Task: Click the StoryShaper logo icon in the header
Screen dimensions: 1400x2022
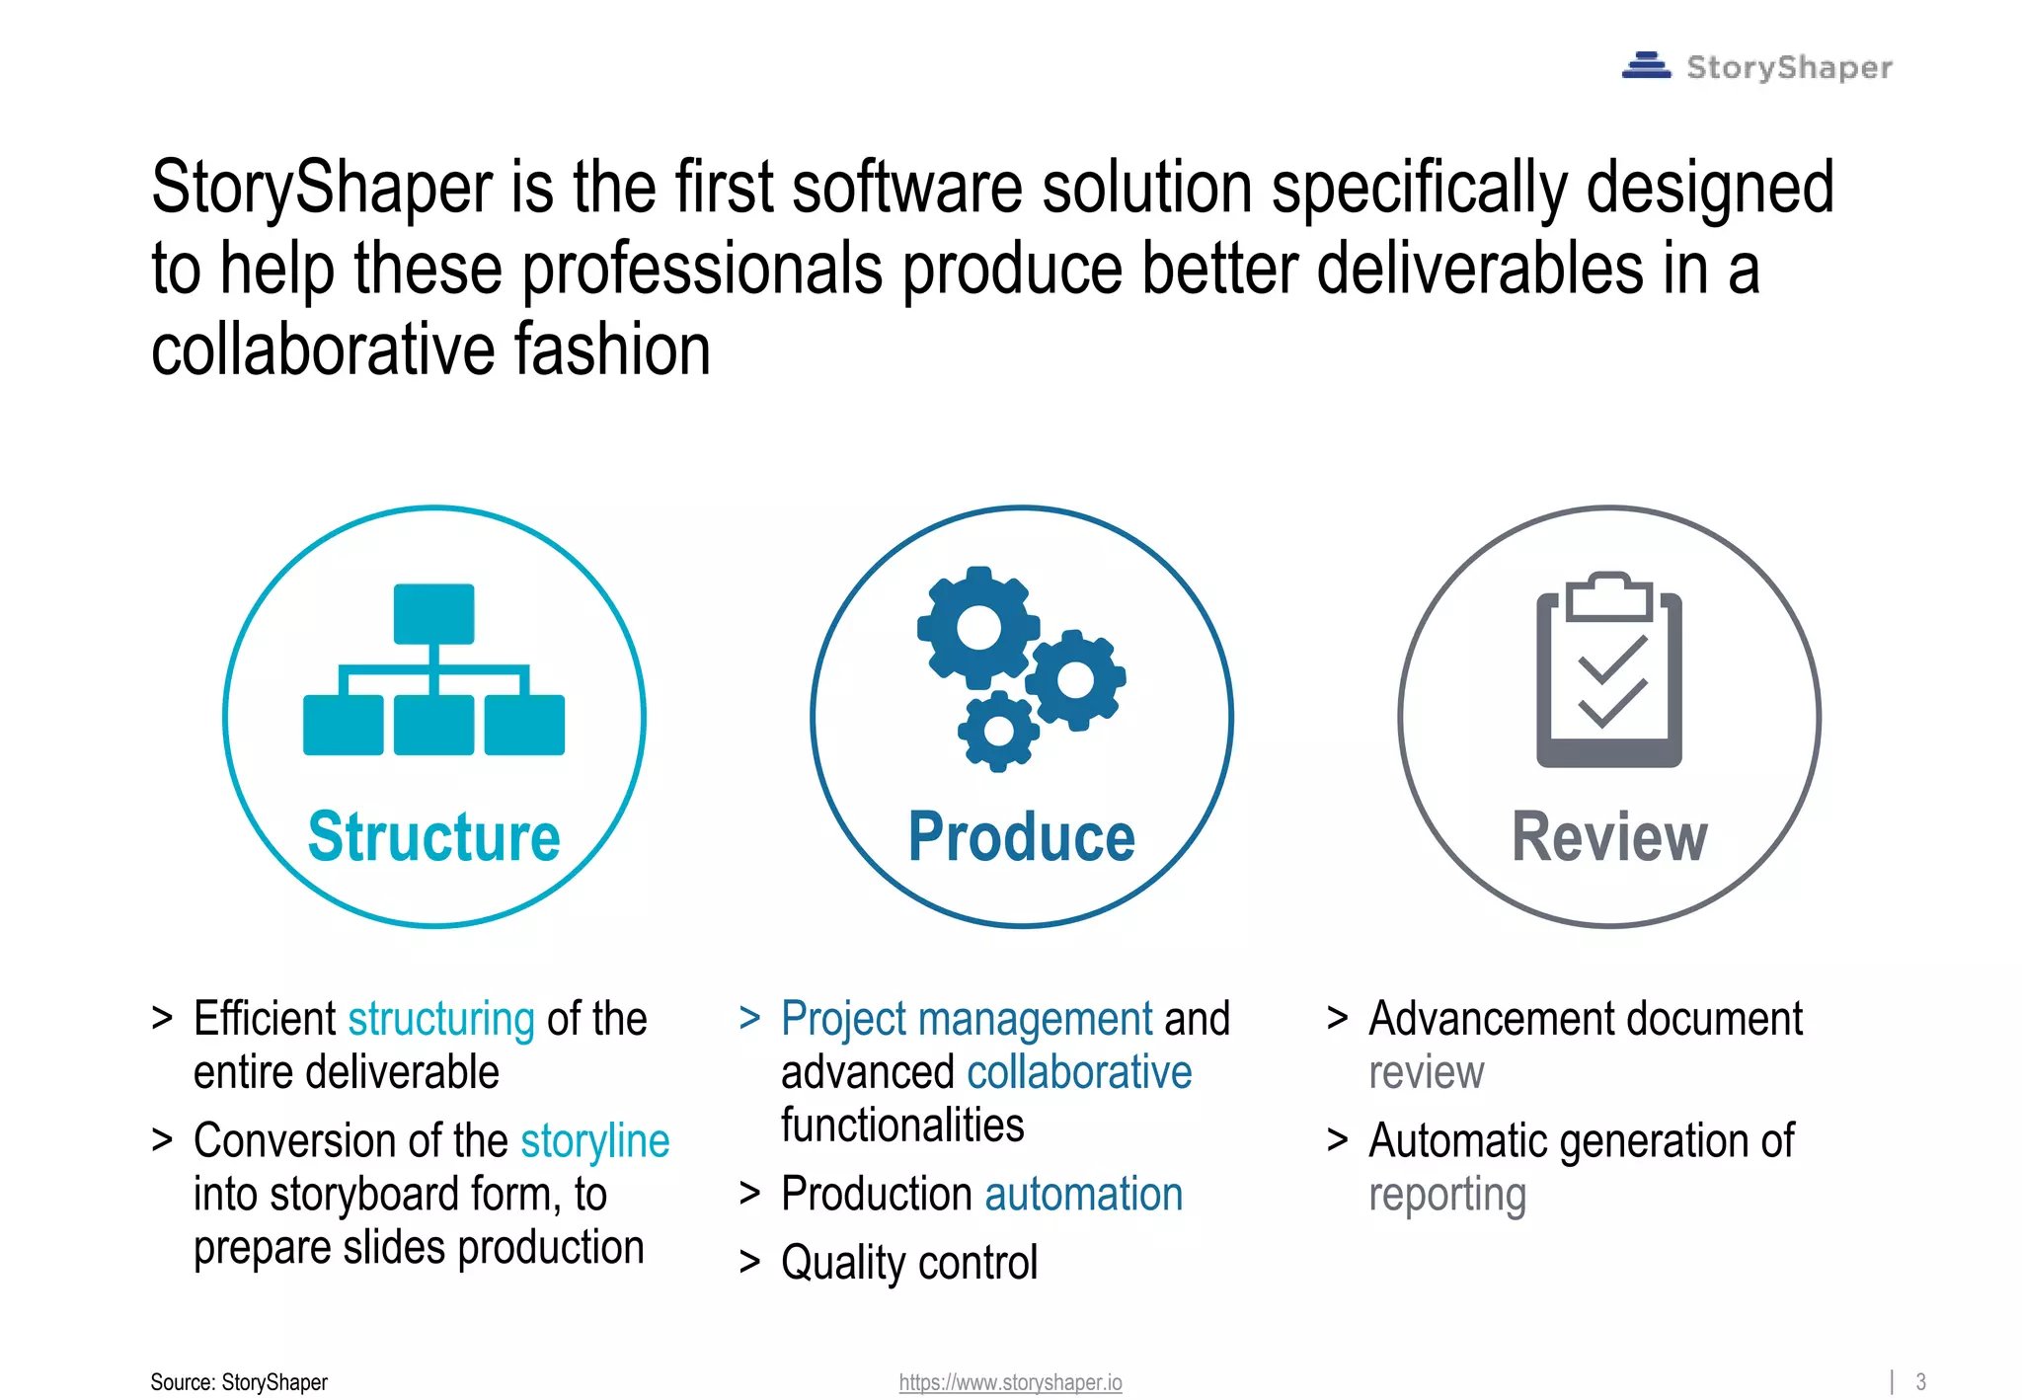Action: [x=1646, y=66]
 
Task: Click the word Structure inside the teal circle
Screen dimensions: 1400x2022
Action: [x=434, y=837]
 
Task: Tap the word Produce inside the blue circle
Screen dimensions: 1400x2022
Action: [x=1022, y=837]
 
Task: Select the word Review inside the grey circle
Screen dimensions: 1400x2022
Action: [x=1609, y=837]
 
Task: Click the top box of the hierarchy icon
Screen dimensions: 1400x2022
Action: [x=433, y=614]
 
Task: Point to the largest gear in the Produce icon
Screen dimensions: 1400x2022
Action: [x=978, y=628]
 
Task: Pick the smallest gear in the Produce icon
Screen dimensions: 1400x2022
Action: [x=998, y=732]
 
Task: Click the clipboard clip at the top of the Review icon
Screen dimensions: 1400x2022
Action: [x=1609, y=595]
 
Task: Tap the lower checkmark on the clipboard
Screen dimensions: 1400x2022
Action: [x=1611, y=704]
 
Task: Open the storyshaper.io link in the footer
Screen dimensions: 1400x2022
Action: [x=1010, y=1382]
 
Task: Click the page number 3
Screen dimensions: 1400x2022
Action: [x=1920, y=1381]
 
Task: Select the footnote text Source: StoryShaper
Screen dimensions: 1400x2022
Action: [x=239, y=1382]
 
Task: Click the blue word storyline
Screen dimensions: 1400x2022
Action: [x=594, y=1141]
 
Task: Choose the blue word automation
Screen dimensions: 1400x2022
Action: [x=1083, y=1195]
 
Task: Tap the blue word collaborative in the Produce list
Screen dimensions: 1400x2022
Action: [x=1079, y=1072]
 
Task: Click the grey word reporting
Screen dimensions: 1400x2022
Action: [x=1446, y=1196]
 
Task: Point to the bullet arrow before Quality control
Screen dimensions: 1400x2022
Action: [x=750, y=1263]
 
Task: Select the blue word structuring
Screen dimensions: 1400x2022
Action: [x=441, y=1019]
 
